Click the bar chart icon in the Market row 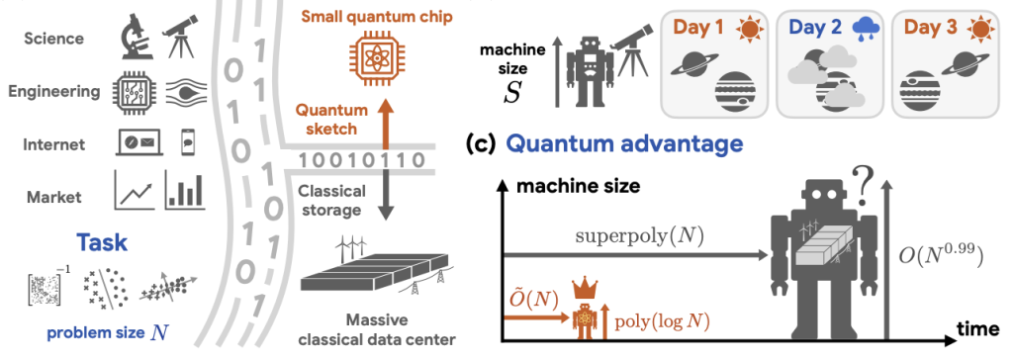(x=185, y=190)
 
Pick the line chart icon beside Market (x=133, y=190)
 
